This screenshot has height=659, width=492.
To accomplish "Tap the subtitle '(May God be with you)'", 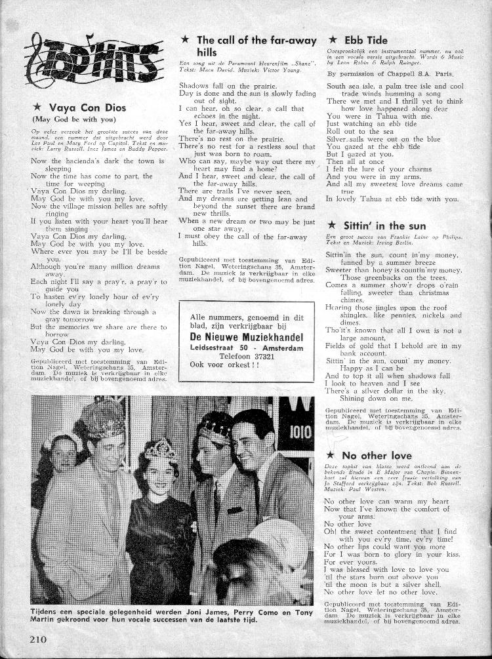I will point(73,119).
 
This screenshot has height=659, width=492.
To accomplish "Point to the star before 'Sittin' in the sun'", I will point(331,226).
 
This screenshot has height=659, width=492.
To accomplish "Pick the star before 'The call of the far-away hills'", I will point(185,40).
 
